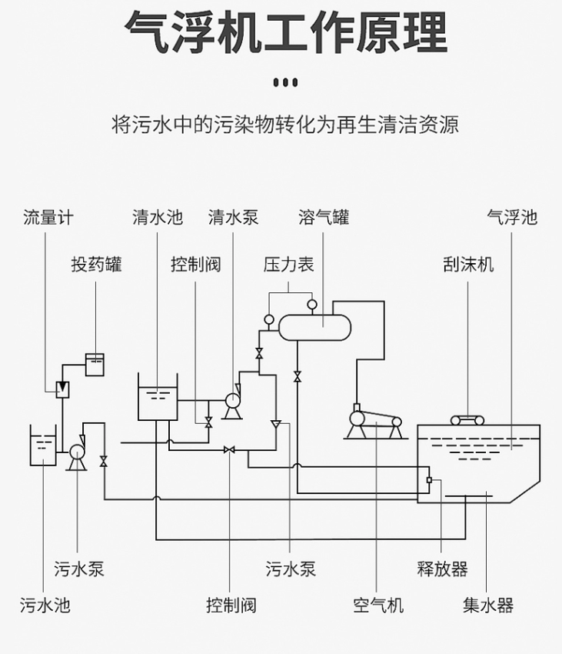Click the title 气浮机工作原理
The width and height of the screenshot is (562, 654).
285,32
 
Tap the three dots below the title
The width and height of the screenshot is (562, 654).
285,82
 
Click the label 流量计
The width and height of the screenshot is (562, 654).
48,217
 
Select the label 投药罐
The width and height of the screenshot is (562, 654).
96,265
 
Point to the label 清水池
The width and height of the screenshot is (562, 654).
157,217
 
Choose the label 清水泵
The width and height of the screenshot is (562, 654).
233,217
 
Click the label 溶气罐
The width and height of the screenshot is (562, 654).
324,217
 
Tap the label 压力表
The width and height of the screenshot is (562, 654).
289,265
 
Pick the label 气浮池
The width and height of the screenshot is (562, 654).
512,217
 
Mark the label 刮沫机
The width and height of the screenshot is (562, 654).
468,265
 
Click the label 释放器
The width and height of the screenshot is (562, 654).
442,569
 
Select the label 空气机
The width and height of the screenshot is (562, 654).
378,605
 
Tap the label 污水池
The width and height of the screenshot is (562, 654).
45,605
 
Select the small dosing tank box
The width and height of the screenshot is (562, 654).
95,364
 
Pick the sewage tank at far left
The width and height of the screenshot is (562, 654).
43,446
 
